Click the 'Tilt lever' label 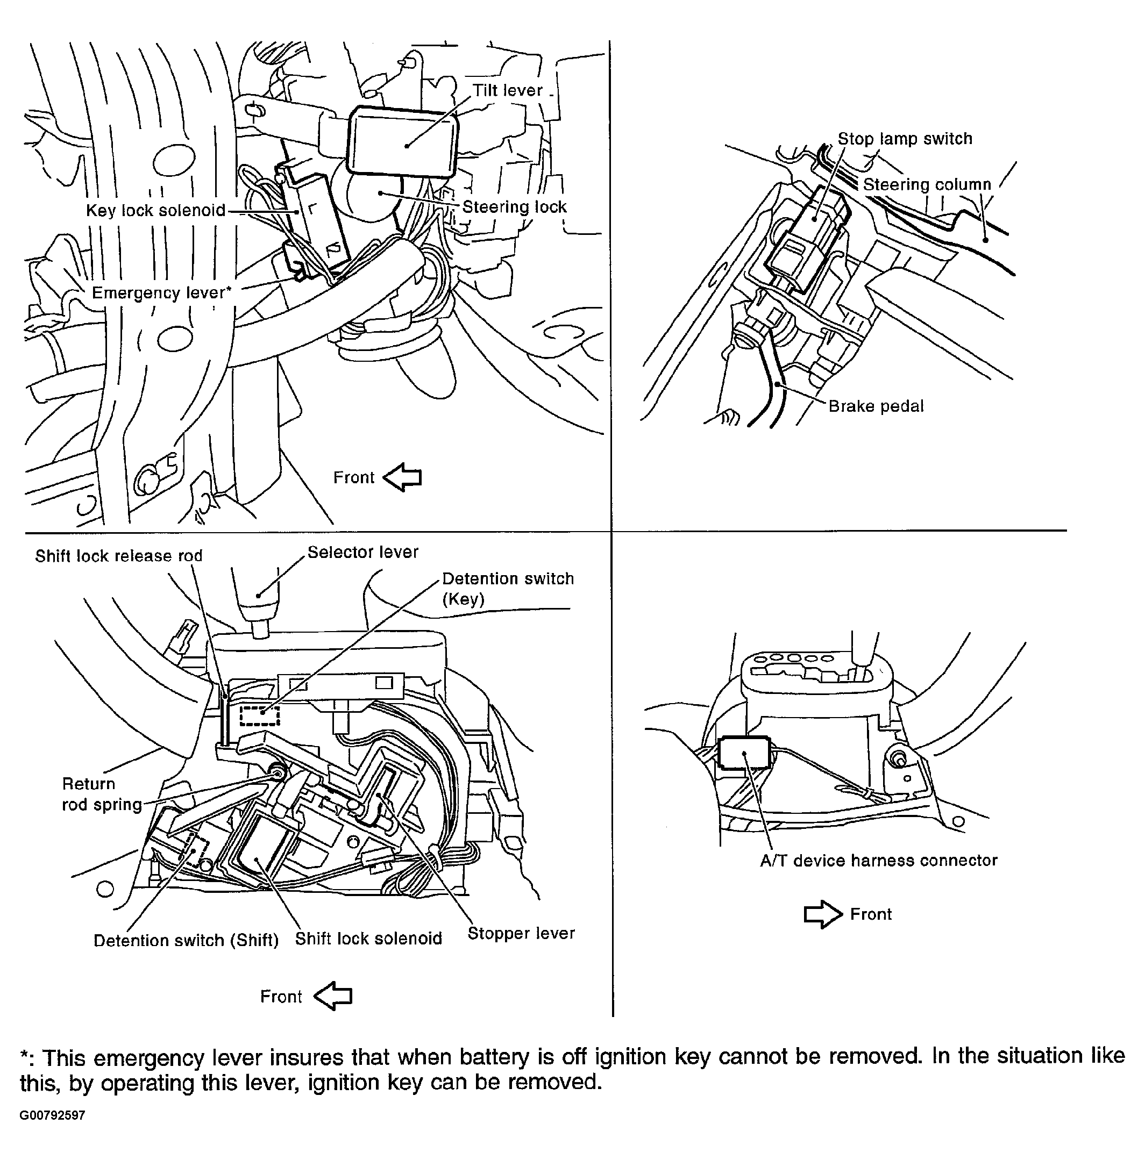click(507, 91)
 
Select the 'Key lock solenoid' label click(155, 211)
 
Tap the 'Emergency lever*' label click(161, 293)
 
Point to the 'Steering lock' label click(514, 207)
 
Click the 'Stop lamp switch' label click(904, 139)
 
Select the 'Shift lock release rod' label click(118, 556)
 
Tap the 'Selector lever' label click(363, 553)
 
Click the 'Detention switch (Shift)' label click(186, 940)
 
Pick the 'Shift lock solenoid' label click(368, 939)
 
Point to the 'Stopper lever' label click(521, 934)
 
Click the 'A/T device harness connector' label click(878, 861)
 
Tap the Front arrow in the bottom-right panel click(822, 914)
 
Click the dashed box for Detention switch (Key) click(260, 715)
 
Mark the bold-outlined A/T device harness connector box click(744, 753)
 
